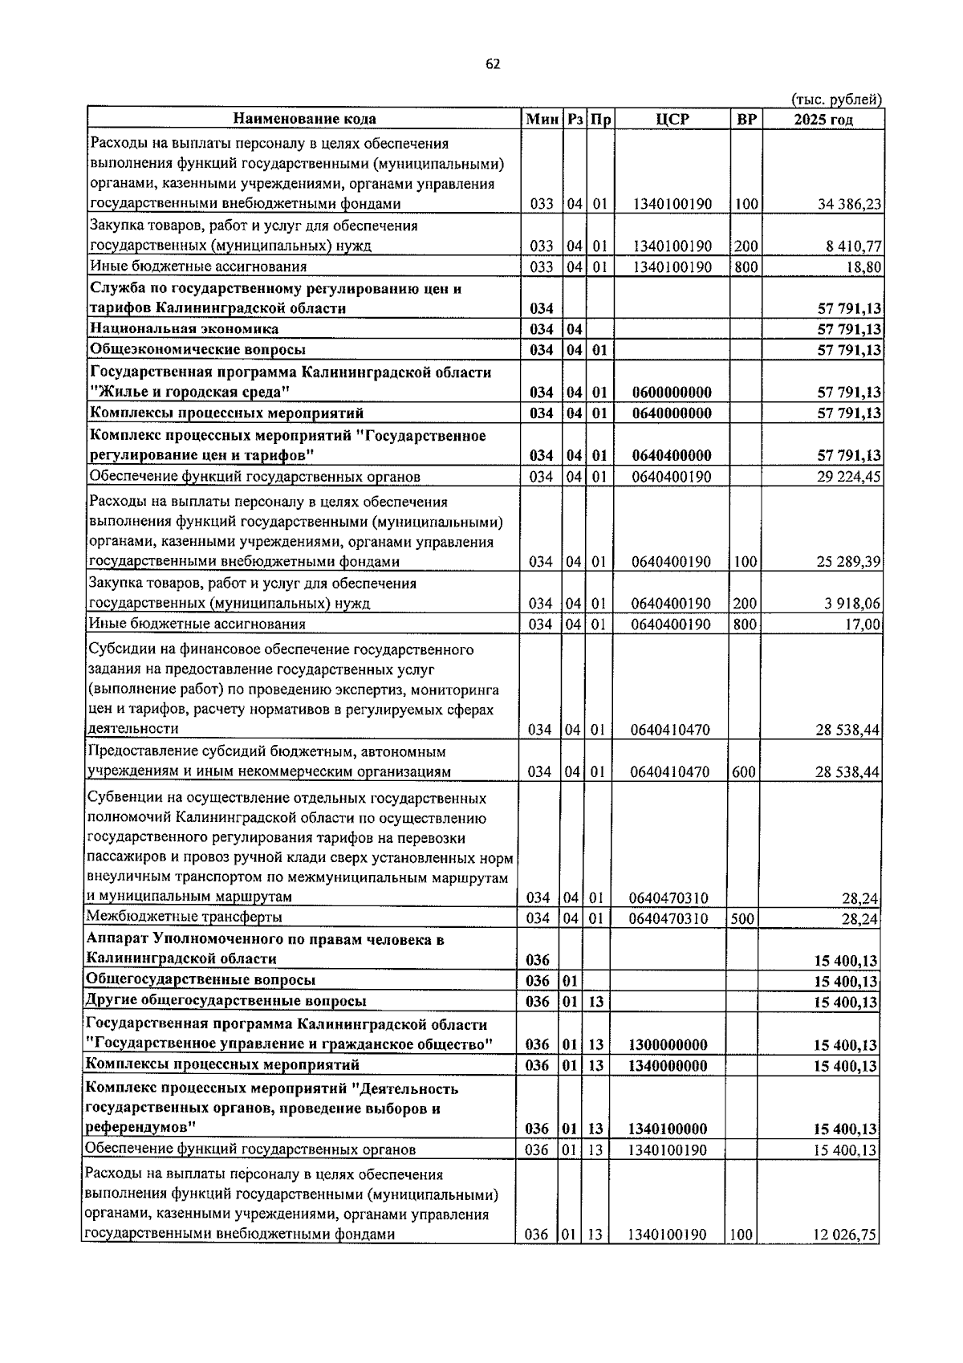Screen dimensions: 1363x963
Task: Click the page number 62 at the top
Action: coord(493,65)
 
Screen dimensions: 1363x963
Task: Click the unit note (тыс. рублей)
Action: coord(836,100)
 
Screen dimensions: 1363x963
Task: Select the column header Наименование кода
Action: coord(304,120)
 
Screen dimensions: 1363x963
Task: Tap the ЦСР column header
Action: coord(672,120)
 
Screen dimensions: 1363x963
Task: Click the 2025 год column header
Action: coord(823,120)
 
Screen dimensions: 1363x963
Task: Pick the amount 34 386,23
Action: coord(849,205)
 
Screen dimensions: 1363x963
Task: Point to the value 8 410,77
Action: coord(852,246)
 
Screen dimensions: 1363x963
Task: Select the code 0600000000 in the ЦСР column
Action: coord(672,393)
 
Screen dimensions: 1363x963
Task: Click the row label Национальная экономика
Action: coord(185,329)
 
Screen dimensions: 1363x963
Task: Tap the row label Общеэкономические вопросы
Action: coord(197,350)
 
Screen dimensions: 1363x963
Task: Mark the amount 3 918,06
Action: coord(851,604)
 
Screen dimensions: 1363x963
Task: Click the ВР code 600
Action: coord(744,772)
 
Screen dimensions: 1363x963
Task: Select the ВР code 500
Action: coord(742,918)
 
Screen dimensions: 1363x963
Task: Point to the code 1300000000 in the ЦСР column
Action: coord(668,1045)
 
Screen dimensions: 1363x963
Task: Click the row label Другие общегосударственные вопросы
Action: coord(226,1001)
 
